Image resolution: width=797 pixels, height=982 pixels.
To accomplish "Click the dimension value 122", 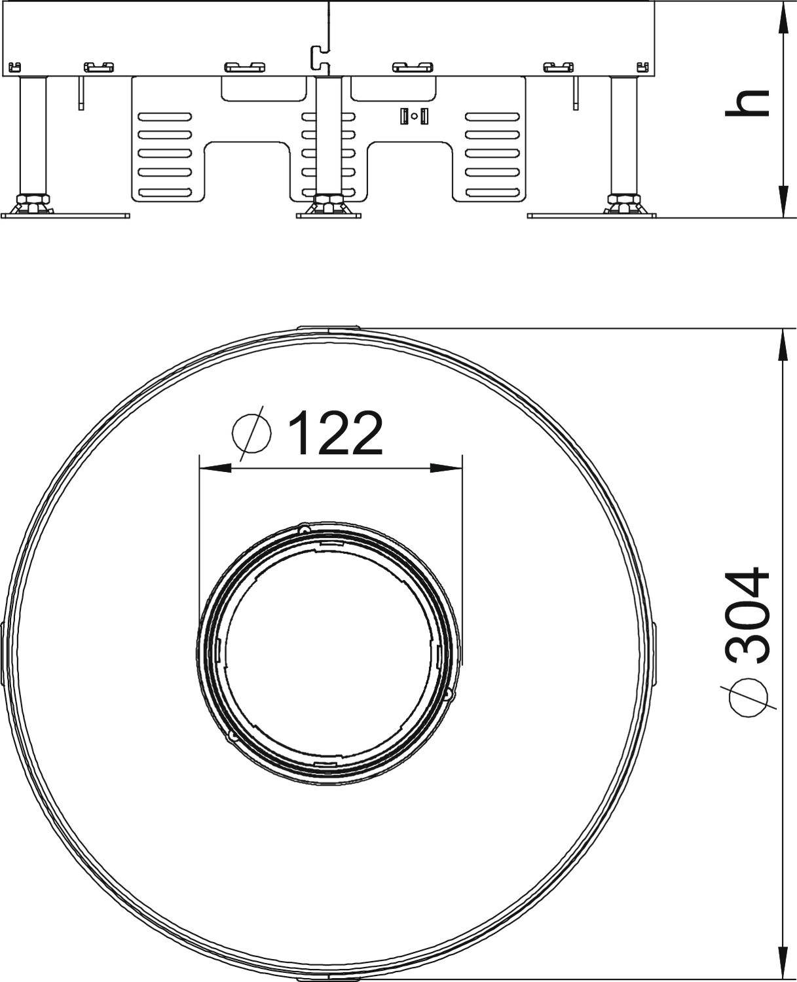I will pyautogui.click(x=335, y=434).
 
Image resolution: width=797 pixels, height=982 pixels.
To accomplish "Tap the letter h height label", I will pyautogui.click(x=747, y=103).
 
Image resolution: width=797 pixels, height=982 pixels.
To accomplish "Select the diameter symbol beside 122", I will pyautogui.click(x=251, y=433).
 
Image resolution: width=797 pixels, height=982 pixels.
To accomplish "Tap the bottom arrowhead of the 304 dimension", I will pyautogui.click(x=782, y=962).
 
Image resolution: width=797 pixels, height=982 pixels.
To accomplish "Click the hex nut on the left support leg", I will pyautogui.click(x=32, y=199).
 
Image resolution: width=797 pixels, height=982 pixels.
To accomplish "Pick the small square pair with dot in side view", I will pyautogui.click(x=414, y=117).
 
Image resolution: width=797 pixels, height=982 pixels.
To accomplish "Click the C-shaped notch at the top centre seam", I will pyautogui.click(x=318, y=57).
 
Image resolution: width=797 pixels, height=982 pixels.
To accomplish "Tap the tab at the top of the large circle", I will pyautogui.click(x=329, y=328).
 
